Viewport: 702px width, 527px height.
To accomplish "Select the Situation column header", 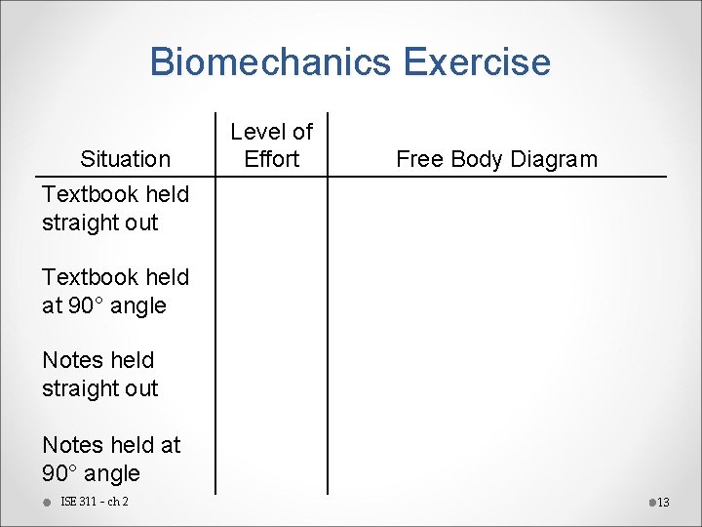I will [125, 159].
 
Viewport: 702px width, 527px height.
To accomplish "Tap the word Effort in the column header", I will [272, 159].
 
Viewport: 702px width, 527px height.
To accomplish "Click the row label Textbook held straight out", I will [115, 208].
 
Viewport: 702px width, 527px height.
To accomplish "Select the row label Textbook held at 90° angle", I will [115, 291].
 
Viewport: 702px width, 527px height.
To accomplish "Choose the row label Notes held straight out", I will [99, 374].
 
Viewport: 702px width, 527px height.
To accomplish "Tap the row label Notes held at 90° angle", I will [111, 459].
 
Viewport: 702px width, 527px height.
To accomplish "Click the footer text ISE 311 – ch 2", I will [95, 502].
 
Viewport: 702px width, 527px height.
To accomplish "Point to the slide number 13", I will [663, 503].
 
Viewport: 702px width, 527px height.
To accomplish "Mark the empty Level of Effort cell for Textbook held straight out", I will [272, 208].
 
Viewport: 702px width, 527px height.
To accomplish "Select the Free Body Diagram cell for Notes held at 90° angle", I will [497, 459].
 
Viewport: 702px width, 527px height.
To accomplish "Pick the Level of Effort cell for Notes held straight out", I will [272, 374].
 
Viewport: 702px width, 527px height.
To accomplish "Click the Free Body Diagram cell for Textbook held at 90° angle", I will [497, 291].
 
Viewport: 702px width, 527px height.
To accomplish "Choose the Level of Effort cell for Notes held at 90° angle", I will [272, 459].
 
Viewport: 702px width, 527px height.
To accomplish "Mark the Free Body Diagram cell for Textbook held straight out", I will [497, 208].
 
